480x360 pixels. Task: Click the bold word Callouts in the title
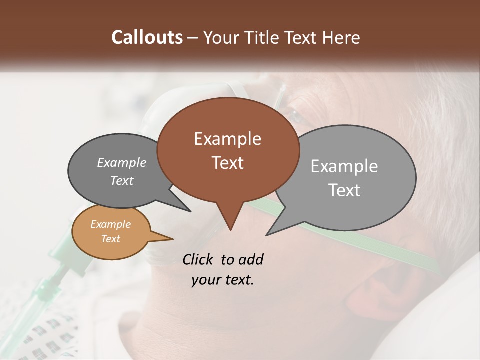(147, 37)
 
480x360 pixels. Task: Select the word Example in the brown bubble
(227, 139)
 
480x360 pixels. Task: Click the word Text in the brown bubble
(227, 163)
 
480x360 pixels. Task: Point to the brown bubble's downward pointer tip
(230, 229)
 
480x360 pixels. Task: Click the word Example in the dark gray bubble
(121, 162)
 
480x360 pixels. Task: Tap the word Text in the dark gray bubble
(121, 180)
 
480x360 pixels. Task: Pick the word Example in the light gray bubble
(344, 166)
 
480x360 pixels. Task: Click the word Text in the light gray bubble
(345, 190)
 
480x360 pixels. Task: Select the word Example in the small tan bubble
(110, 224)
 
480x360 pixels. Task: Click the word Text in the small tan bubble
(110, 239)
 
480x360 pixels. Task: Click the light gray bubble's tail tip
(267, 234)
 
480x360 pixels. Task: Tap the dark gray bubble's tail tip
(190, 211)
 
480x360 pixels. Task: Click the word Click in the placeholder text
(199, 259)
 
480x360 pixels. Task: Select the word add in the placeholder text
(251, 259)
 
